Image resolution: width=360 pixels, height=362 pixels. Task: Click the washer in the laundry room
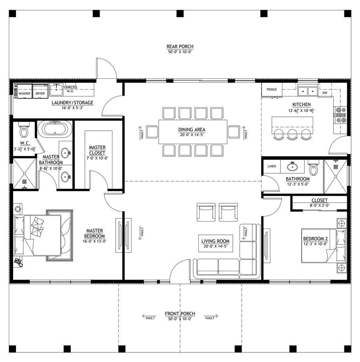pos(24,91)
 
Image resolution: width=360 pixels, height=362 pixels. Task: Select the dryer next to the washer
pos(40,91)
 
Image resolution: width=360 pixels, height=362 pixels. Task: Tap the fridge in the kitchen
pos(272,90)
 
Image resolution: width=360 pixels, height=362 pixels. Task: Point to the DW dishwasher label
pos(325,93)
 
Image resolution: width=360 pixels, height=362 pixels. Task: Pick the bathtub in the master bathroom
pos(55,128)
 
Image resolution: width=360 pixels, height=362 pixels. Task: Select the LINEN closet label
pos(272,166)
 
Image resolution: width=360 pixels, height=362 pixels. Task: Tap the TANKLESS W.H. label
pos(70,89)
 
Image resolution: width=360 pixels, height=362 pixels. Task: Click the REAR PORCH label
pos(180,46)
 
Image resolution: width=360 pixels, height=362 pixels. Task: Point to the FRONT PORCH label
pos(180,314)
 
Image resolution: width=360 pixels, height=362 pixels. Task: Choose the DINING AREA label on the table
pos(192,130)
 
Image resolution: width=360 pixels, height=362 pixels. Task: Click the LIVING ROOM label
pos(216,241)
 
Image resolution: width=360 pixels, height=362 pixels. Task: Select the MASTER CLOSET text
pos(97,150)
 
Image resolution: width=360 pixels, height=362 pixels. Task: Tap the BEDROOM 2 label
pos(316,238)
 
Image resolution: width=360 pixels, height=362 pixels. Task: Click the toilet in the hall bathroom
pos(313,168)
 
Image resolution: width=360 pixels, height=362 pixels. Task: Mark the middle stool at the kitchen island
pos(292,134)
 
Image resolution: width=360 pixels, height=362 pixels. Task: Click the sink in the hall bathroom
pos(292,166)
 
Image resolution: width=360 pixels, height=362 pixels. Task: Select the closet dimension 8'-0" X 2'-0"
pos(320,205)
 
